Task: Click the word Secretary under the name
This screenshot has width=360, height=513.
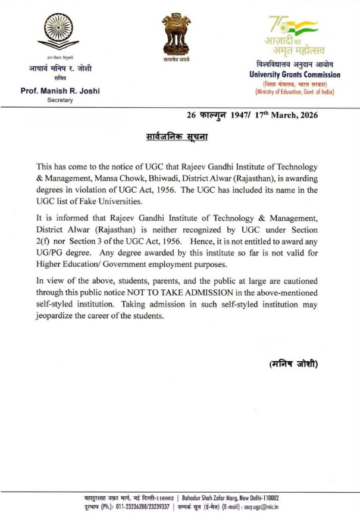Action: [60, 101]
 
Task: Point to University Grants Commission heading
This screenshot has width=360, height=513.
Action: [295, 75]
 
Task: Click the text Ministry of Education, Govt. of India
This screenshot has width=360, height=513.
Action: [294, 92]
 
